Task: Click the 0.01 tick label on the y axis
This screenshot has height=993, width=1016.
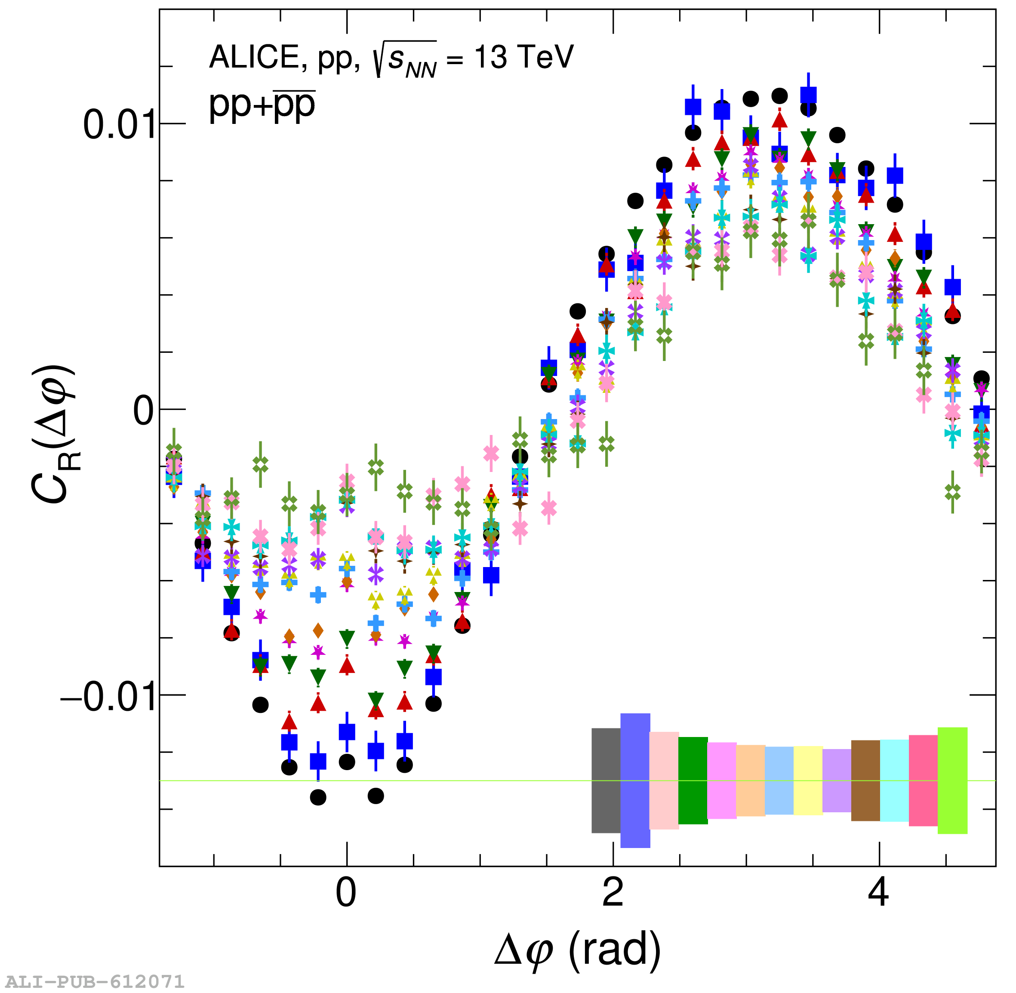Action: point(120,125)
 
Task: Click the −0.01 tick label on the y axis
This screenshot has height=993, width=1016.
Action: point(108,697)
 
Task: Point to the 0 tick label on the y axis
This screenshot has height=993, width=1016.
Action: point(143,411)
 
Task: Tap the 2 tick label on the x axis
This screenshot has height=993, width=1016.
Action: point(613,893)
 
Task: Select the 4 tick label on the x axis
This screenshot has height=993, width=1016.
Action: point(879,893)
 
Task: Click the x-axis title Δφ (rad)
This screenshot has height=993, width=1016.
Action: point(577,950)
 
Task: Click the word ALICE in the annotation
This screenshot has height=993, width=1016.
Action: point(253,57)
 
